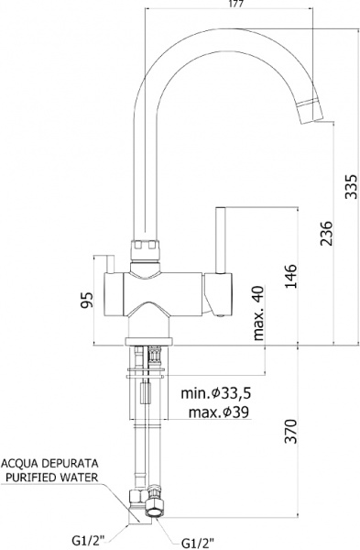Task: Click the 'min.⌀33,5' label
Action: click(215, 393)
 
